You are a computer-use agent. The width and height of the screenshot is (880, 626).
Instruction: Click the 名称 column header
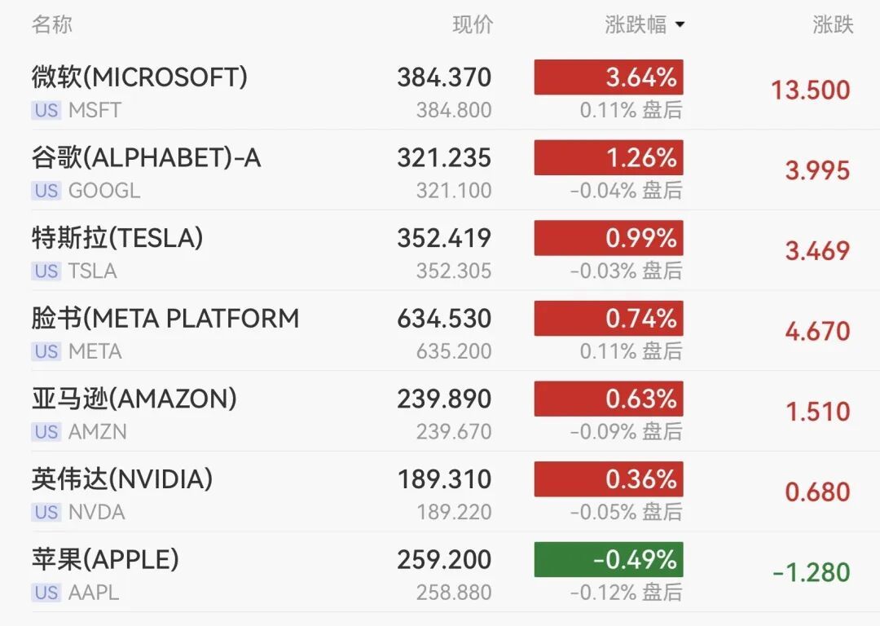coord(52,24)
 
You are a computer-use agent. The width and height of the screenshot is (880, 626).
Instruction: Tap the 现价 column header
coord(473,24)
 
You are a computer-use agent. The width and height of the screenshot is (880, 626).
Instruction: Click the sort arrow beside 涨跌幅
coord(680,25)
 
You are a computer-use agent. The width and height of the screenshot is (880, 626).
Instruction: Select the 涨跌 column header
coord(833,24)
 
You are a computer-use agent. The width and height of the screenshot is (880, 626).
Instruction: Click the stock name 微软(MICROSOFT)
coord(139,77)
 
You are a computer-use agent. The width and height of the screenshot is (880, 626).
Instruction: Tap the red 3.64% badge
coord(609,77)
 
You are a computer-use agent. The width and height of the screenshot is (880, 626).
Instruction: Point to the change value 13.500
coord(810,90)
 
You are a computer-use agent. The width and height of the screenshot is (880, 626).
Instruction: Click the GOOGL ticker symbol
coord(104,191)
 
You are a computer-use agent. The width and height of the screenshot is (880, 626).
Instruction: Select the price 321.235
coord(444,157)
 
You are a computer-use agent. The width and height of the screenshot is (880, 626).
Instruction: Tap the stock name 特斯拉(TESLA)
coord(117,238)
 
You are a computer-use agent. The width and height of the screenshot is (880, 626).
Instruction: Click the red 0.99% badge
coord(609,238)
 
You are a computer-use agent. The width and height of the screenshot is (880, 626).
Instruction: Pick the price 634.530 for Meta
coord(444,318)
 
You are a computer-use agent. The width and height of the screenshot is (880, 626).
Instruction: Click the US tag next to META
coord(46,352)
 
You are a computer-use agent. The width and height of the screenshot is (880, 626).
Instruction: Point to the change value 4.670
coord(817,331)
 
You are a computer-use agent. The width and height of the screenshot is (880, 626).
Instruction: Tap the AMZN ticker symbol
coord(98,432)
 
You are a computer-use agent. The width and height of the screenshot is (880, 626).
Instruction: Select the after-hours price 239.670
coord(454,432)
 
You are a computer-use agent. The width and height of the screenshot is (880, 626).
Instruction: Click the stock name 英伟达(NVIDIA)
coord(122,479)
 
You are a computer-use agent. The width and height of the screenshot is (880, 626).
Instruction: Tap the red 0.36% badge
coord(609,479)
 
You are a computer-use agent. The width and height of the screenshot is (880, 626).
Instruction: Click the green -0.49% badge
coord(609,560)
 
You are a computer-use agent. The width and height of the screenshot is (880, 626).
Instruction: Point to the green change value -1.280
coord(811,573)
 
